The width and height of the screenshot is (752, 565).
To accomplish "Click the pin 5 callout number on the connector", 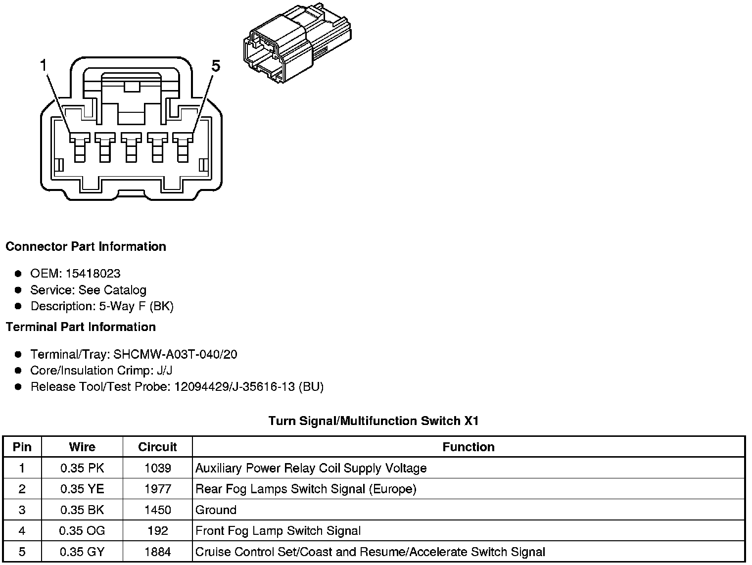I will point(215,66).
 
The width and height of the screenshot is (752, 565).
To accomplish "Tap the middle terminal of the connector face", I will point(131,146).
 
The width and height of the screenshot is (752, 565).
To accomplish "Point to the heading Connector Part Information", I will point(86,246).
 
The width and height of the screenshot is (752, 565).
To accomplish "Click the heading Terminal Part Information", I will point(81,327).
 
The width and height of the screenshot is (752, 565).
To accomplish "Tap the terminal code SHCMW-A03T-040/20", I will point(175,354).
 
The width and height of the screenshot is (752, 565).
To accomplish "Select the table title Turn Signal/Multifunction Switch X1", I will point(374,421).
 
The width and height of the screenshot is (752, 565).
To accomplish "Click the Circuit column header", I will point(157,447).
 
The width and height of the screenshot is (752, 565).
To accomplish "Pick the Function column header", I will point(468,447).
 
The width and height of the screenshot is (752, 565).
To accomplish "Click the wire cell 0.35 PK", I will point(82,468).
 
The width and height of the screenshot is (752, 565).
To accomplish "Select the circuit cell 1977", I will point(157,489).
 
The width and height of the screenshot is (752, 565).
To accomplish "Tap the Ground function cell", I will point(216,510).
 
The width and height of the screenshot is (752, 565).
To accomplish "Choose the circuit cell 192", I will point(157,531).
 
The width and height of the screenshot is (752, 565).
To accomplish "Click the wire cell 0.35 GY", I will point(82,552).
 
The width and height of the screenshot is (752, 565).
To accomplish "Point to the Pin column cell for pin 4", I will point(22,531).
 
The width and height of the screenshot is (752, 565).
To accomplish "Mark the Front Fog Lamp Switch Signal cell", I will point(278,531).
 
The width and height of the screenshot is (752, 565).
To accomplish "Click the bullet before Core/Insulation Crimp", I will point(18,371).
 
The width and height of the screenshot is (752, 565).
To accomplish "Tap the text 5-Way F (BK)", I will point(136,306).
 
